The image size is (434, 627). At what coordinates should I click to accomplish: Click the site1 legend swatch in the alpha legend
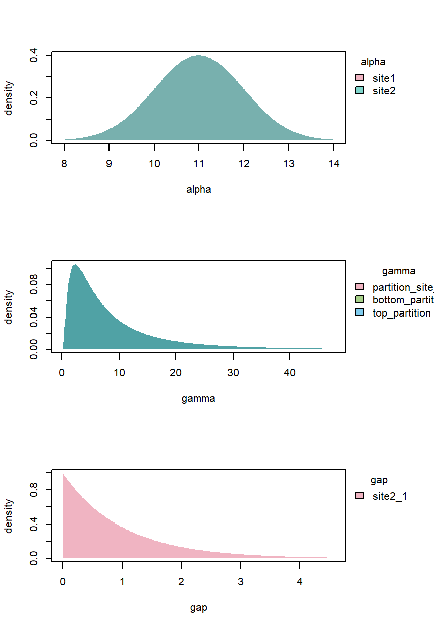coord(359,78)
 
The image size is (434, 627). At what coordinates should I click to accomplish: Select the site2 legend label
coord(384,91)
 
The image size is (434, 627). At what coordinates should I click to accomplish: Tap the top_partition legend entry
coord(401,313)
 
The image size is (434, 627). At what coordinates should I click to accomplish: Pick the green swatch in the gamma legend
coord(359,300)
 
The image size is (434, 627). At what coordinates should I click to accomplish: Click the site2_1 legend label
coord(390,496)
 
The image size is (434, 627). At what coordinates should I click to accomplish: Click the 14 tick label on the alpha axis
coord(333,164)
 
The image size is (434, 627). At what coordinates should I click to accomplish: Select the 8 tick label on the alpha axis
coord(64,164)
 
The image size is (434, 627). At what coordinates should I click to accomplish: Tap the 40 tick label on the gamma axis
coord(290,372)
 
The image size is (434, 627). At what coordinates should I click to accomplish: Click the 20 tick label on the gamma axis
coord(176,372)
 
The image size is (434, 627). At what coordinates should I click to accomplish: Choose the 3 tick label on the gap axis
coord(241,581)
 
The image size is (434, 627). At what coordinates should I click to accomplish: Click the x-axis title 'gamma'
coord(198,399)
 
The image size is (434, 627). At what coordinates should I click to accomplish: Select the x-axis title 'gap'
coord(198,608)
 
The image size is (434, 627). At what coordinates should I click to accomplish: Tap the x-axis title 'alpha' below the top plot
coord(198,190)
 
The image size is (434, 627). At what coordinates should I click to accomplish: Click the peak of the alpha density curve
coord(199,56)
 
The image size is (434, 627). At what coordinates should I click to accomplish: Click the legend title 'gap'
coord(379,480)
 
